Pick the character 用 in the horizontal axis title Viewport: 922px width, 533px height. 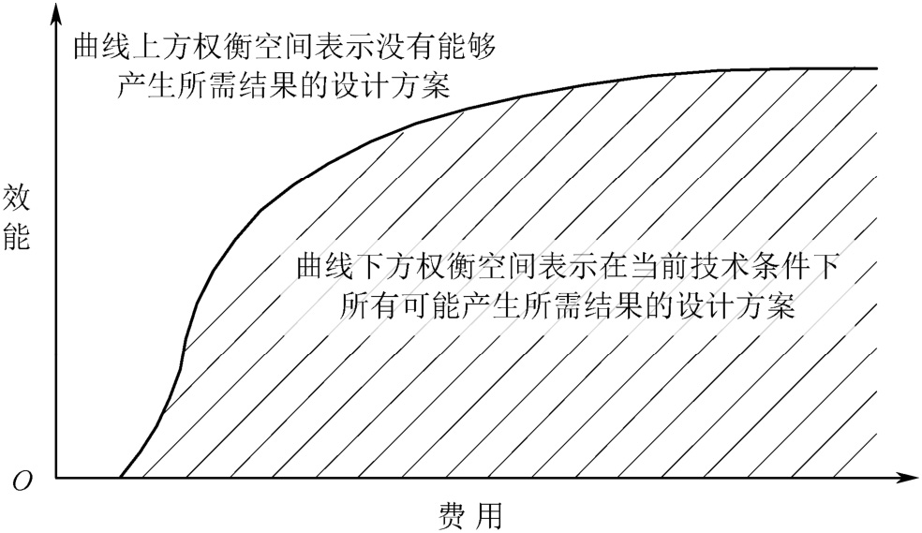pyautogui.click(x=488, y=514)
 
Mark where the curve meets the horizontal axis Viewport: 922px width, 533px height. pyautogui.click(x=120, y=478)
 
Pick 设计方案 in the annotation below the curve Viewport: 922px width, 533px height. pyautogui.click(x=736, y=307)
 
